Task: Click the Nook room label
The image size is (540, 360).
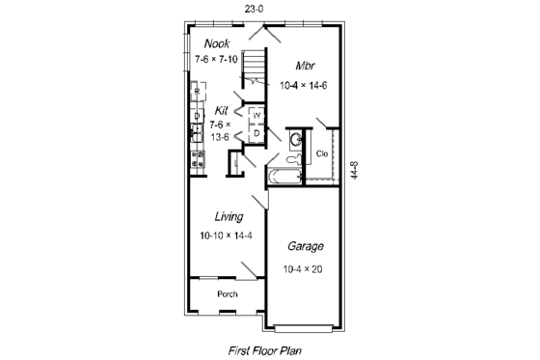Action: [x=217, y=43]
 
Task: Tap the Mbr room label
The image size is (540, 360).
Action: [x=305, y=67]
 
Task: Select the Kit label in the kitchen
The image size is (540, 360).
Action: [x=222, y=109]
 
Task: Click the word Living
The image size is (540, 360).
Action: [x=229, y=216]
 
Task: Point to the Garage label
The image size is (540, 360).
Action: [x=305, y=246]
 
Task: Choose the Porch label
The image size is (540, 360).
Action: [x=227, y=293]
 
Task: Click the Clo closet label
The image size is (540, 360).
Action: [x=322, y=152]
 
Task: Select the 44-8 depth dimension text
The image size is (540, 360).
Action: [x=356, y=170]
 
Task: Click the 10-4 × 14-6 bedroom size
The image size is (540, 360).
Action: [x=305, y=86]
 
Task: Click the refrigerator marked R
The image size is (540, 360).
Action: [x=196, y=94]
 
